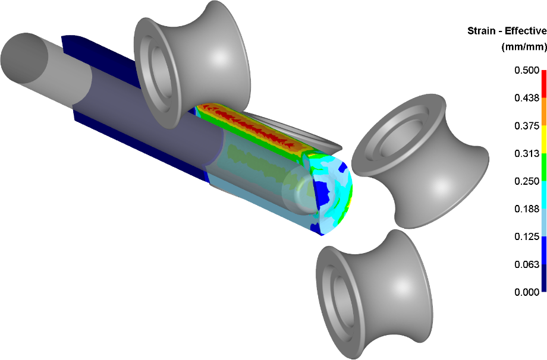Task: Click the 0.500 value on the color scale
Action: click(x=527, y=71)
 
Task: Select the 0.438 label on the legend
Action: click(x=527, y=98)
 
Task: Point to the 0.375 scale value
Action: click(x=527, y=126)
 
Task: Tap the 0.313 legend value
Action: click(x=527, y=153)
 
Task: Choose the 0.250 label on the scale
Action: click(x=527, y=181)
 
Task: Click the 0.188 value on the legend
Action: click(x=527, y=209)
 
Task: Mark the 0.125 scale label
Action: click(x=527, y=236)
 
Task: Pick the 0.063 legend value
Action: click(x=527, y=264)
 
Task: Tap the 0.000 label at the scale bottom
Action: click(x=527, y=292)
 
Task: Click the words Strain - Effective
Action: click(x=507, y=31)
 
